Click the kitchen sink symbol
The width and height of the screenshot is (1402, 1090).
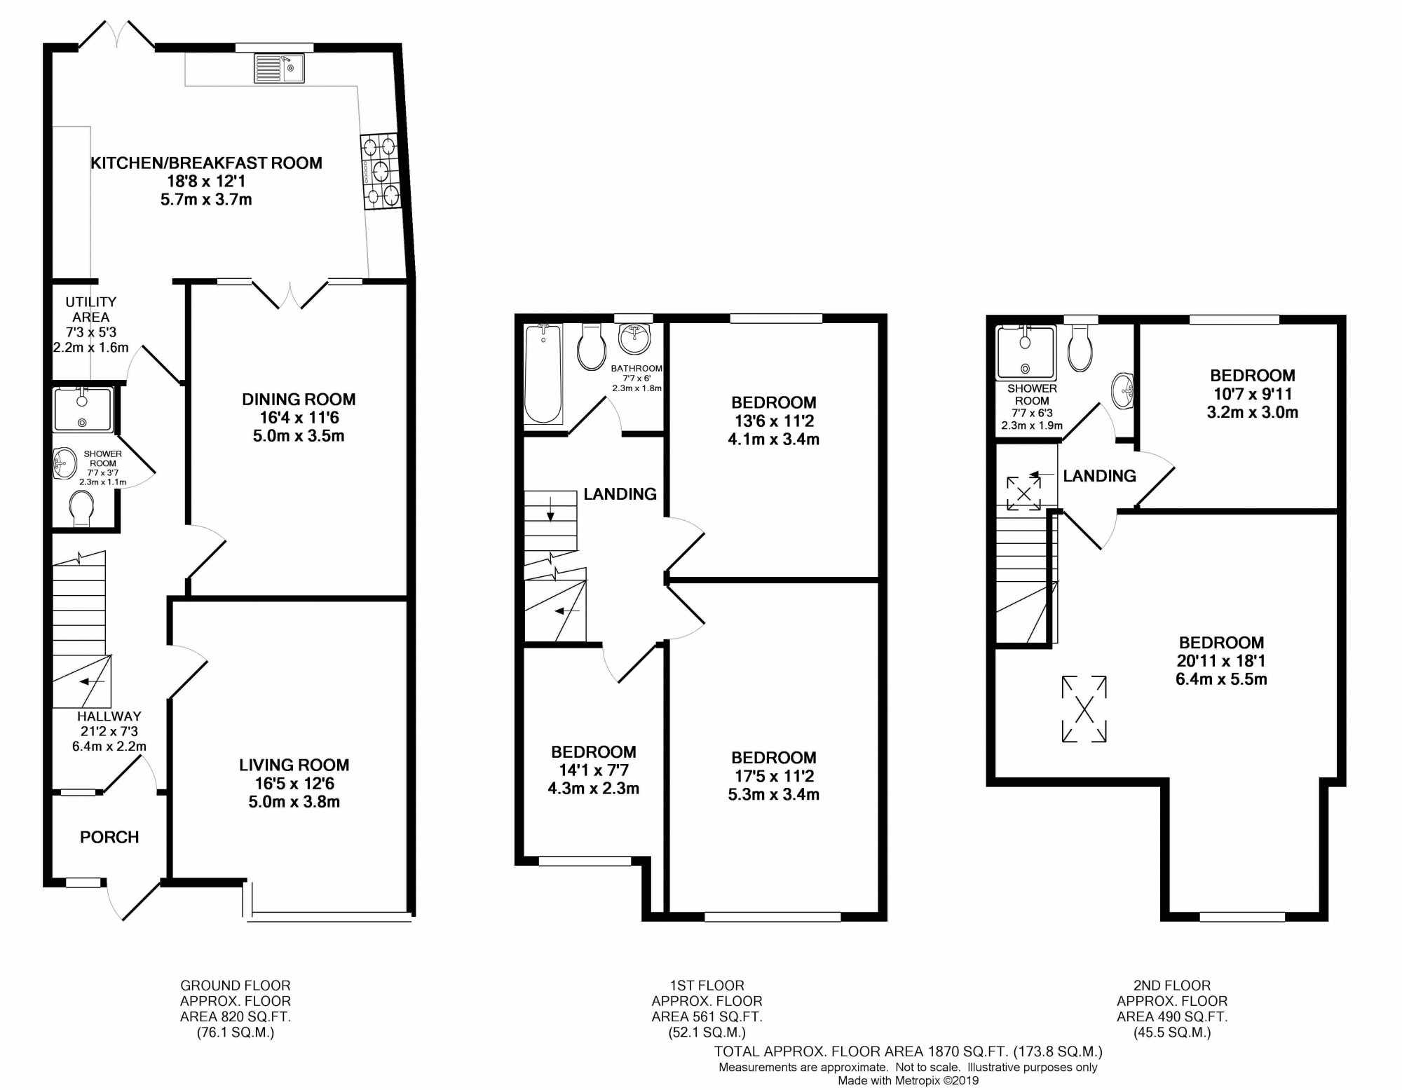tap(279, 68)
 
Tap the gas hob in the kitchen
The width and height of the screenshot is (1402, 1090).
tap(380, 172)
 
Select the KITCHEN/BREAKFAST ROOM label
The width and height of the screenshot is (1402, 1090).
tap(206, 163)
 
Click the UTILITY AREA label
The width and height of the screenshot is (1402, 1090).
tap(90, 309)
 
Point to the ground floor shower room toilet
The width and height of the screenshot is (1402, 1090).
tap(81, 507)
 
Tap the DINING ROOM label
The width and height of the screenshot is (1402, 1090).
tap(299, 400)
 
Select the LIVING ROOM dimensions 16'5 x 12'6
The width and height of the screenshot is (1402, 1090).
tap(294, 784)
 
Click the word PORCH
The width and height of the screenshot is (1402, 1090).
tap(109, 837)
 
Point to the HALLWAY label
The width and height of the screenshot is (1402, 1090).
tap(109, 716)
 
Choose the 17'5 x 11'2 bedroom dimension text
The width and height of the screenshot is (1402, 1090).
tap(773, 776)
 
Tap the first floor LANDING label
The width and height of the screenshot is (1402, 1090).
tap(620, 494)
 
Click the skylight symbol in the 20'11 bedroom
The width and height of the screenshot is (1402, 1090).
tap(1084, 709)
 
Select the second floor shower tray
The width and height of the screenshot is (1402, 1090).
tap(1026, 353)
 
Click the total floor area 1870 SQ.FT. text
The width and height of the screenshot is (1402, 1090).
tap(908, 1051)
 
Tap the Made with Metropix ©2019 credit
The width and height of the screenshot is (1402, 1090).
tap(908, 1081)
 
